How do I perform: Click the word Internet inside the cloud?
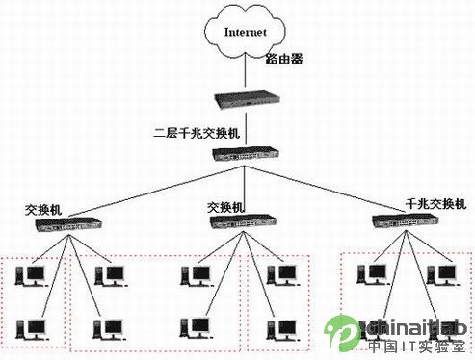coord(246,32)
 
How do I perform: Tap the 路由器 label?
coord(284,59)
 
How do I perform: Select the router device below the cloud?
coord(247,99)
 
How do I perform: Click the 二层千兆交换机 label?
coord(197,133)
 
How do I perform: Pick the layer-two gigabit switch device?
coord(246,154)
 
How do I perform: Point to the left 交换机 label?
coord(43,210)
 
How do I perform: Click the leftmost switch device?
coord(68,224)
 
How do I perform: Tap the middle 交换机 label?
coord(225,208)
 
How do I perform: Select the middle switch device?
coord(243,221)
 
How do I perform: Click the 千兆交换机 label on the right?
coord(435,204)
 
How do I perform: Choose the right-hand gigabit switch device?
coord(406,221)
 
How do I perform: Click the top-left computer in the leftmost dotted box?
coord(32,275)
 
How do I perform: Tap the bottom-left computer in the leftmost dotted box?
coord(32,329)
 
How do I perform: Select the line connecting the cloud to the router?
coord(246,69)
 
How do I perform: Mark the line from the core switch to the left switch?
coord(156,192)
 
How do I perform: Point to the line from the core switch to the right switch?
coord(325,189)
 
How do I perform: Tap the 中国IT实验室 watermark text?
coord(417,347)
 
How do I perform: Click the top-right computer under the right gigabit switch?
coord(442,274)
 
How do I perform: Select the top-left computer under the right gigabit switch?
coord(373,274)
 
